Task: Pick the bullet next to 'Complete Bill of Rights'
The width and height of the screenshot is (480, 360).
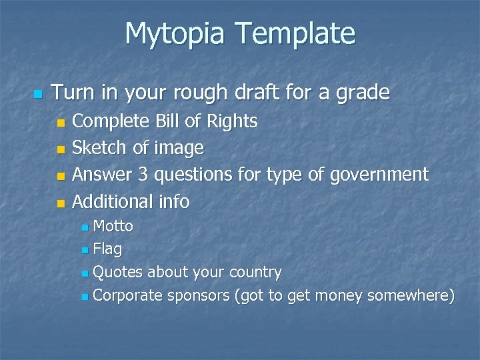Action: pyautogui.click(x=61, y=123)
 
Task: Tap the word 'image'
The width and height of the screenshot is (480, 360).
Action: pyautogui.click(x=179, y=148)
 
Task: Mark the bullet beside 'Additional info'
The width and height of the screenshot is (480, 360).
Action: pyautogui.click(x=61, y=203)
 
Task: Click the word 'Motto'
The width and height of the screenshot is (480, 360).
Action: pyautogui.click(x=113, y=227)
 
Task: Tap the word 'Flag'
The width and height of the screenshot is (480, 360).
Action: pyautogui.click(x=107, y=250)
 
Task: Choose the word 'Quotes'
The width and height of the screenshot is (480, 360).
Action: pyautogui.click(x=118, y=273)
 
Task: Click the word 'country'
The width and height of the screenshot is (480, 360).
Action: pyautogui.click(x=255, y=273)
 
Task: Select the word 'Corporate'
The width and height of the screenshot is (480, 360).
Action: pyautogui.click(x=128, y=295)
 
